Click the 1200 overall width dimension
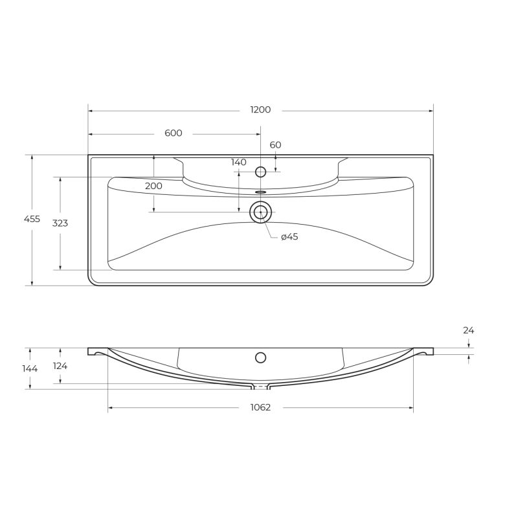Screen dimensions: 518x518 pos(260,110)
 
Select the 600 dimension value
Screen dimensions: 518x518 pos(173,133)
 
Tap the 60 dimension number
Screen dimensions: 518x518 pos(275,145)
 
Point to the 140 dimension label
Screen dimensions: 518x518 pos(238,163)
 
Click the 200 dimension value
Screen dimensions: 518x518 pos(153,186)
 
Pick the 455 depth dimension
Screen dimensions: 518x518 pos(32,219)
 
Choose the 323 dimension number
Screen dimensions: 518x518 pos(60,223)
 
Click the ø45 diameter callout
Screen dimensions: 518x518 pos(289,237)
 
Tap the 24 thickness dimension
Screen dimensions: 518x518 pos(468,330)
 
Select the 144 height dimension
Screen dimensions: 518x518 pos(30,368)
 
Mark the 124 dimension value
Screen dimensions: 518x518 pos(60,366)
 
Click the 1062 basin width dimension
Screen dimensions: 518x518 pos(260,407)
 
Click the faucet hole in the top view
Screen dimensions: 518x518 pos(260,172)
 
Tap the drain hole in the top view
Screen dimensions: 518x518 pos(260,212)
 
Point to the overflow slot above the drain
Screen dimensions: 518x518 pos(260,192)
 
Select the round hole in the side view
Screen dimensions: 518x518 pos(260,357)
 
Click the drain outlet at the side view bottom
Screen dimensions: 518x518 pos(260,387)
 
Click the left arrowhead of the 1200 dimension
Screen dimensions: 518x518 pos(91,111)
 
